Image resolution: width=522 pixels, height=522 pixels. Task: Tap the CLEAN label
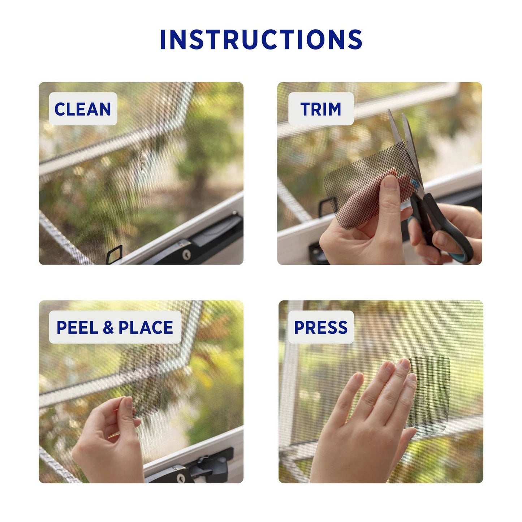coord(83,109)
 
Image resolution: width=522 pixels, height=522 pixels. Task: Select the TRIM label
coord(320,109)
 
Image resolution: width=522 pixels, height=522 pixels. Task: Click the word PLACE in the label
coord(146,327)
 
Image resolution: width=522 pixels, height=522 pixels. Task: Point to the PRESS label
coord(320,327)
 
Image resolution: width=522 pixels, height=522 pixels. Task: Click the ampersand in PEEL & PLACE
coord(108,328)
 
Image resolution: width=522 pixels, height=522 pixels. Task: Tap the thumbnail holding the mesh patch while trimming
coord(391,182)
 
